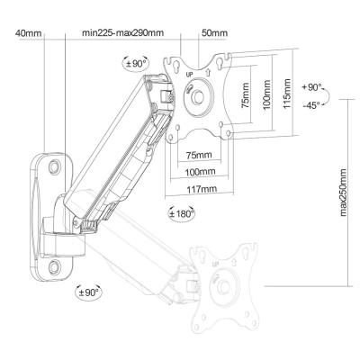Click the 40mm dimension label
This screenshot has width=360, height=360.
(x=28, y=33)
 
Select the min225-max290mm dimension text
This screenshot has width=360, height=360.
(x=123, y=32)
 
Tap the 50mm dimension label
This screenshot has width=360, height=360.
(x=214, y=32)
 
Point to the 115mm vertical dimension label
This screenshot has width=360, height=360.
(x=287, y=94)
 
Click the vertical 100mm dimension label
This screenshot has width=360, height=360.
(x=266, y=94)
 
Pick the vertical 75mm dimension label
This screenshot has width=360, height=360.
(x=246, y=95)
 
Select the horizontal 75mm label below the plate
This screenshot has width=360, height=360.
(x=199, y=155)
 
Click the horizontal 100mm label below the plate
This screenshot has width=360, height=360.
(x=200, y=172)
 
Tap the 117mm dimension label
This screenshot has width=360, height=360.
(x=202, y=190)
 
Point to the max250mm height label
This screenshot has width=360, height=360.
(x=343, y=193)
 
